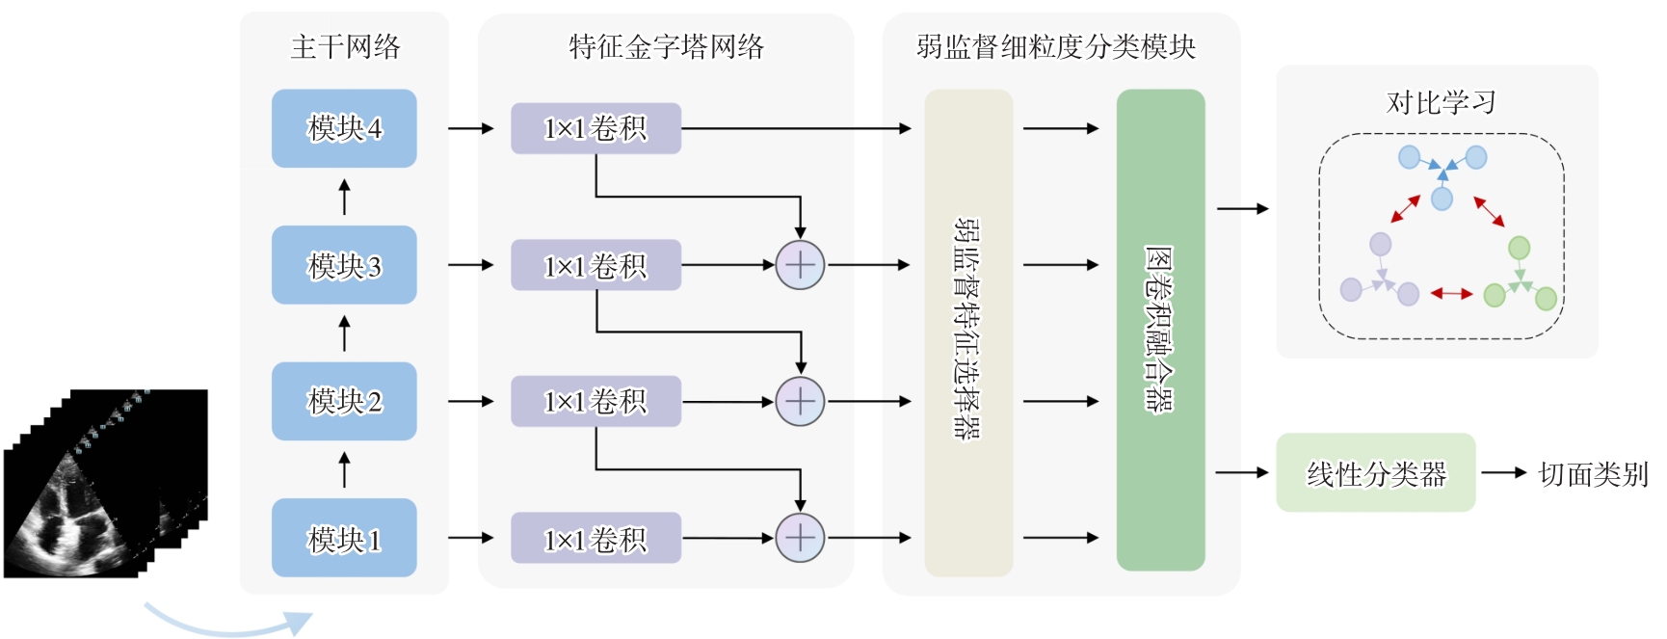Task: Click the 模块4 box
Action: point(344,128)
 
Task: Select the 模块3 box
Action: point(344,265)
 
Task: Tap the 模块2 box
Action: point(344,401)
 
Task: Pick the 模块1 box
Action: point(344,538)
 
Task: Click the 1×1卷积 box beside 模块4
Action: point(595,128)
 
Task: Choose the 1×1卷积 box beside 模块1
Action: point(595,538)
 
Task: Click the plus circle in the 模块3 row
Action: point(800,265)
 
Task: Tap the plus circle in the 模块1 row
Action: point(800,538)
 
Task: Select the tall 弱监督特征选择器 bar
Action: point(968,333)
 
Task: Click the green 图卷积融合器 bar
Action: point(1160,330)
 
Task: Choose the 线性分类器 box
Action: point(1375,472)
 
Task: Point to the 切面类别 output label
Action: point(1593,474)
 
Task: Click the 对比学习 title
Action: point(1441,102)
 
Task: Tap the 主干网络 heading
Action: point(345,46)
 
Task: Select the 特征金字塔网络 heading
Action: point(666,46)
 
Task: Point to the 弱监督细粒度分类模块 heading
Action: point(1056,46)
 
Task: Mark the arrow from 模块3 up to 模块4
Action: point(344,197)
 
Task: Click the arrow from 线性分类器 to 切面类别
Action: point(1503,472)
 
